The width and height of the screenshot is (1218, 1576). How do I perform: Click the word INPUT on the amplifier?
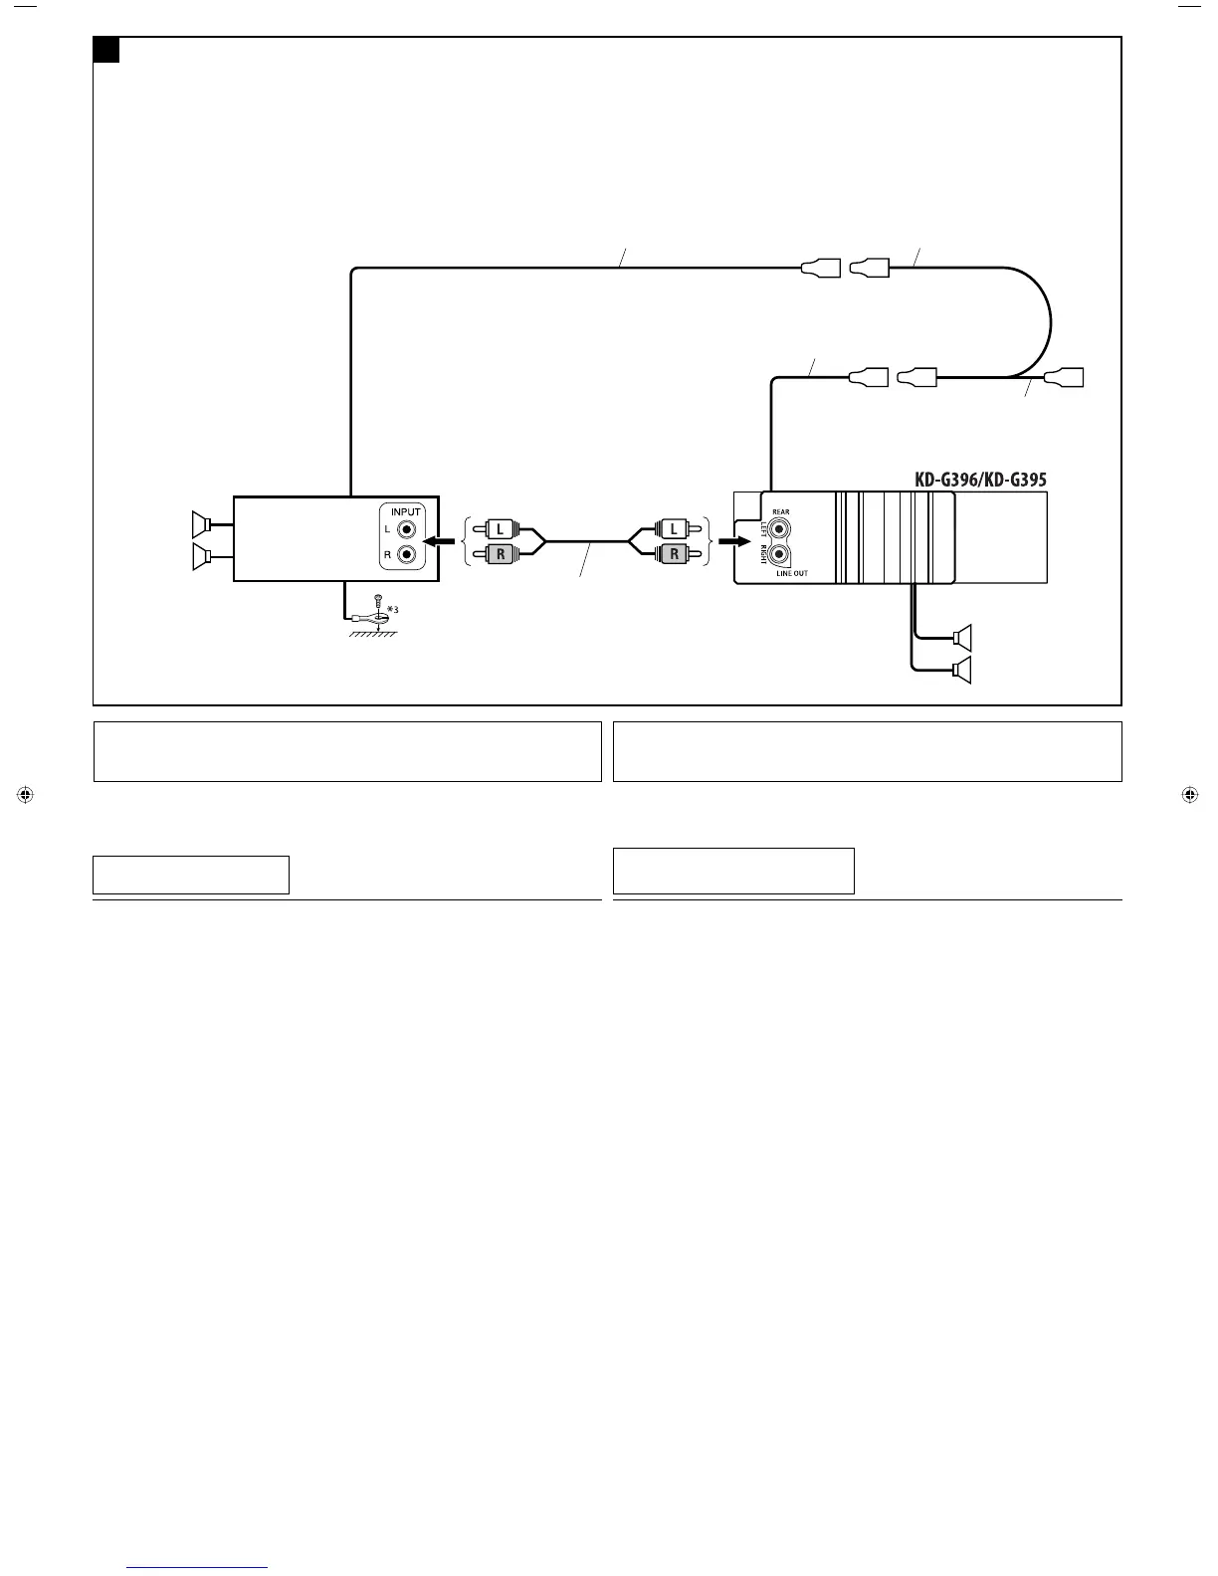[406, 512]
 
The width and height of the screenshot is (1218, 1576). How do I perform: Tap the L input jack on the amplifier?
[406, 531]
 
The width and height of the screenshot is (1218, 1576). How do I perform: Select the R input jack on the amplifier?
[406, 555]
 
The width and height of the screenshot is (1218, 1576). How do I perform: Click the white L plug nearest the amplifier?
[500, 530]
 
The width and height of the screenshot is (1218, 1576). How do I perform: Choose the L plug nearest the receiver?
[674, 528]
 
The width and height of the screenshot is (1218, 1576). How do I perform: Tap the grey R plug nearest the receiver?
[674, 554]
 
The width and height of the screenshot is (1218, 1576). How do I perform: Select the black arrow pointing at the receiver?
[733, 542]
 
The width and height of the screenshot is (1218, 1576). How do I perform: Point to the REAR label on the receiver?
[780, 512]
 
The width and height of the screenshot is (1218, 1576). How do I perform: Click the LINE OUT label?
[792, 574]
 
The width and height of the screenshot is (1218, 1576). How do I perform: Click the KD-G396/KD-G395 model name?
[980, 480]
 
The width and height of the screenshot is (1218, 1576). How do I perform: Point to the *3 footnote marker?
[391, 609]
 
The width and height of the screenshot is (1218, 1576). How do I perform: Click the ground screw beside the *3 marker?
[377, 601]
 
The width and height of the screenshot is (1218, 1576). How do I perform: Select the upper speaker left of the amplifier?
[202, 522]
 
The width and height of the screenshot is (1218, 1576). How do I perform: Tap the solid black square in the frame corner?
[106, 50]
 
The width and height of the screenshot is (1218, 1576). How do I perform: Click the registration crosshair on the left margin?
[26, 795]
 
